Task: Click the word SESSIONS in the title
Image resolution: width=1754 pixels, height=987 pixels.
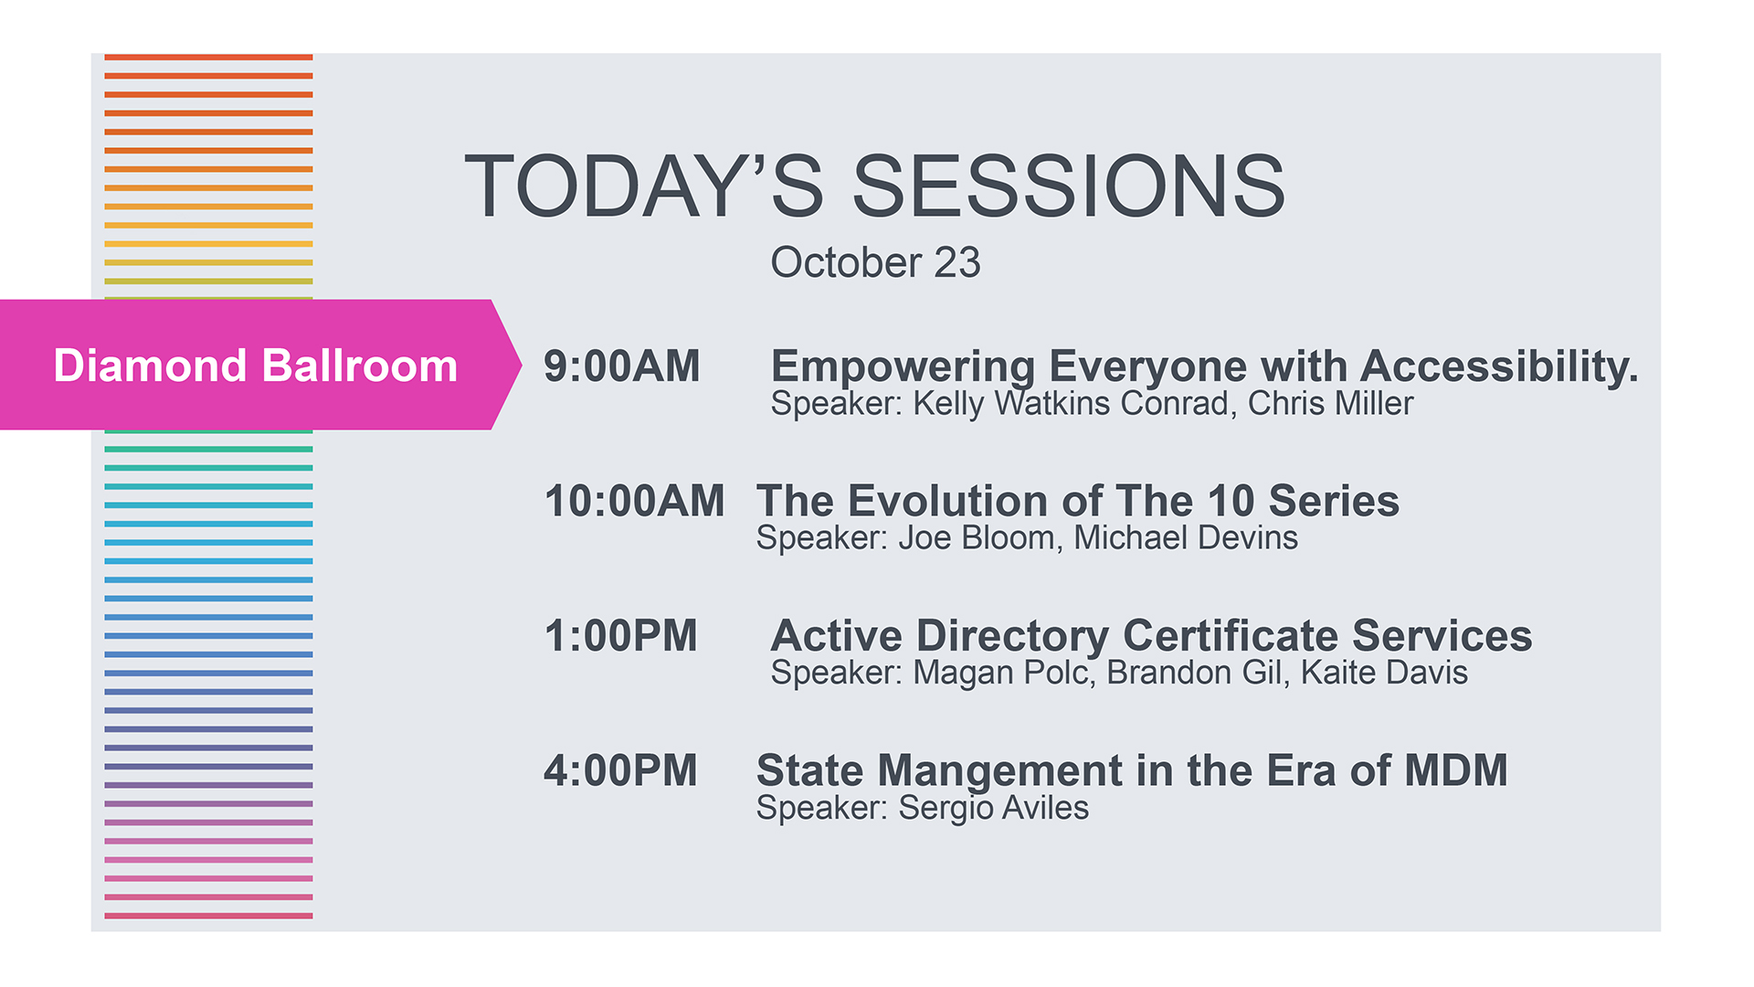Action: click(x=1069, y=186)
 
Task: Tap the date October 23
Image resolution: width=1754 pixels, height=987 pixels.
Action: click(x=875, y=262)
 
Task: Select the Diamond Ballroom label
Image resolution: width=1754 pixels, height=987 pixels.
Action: click(x=256, y=366)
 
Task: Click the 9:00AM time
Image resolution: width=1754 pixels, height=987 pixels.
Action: click(x=621, y=366)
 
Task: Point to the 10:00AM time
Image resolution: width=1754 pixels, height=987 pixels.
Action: click(x=634, y=501)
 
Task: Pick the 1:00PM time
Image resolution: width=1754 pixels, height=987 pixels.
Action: click(x=620, y=636)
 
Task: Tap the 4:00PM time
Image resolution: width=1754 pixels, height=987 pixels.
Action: click(x=620, y=770)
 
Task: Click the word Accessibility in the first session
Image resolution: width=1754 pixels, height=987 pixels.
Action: click(x=1499, y=367)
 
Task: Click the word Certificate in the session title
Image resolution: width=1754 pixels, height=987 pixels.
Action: click(x=1231, y=636)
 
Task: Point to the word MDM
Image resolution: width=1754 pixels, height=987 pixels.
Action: click(x=1456, y=770)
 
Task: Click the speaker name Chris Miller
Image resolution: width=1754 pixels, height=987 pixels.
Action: click(x=1330, y=403)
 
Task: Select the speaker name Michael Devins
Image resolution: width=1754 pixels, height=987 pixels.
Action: click(x=1186, y=537)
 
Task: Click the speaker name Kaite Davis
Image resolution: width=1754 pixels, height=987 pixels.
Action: click(x=1384, y=673)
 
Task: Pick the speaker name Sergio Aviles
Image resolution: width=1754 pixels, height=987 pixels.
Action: click(x=994, y=808)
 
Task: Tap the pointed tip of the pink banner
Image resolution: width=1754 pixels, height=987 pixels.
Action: click(x=521, y=365)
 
